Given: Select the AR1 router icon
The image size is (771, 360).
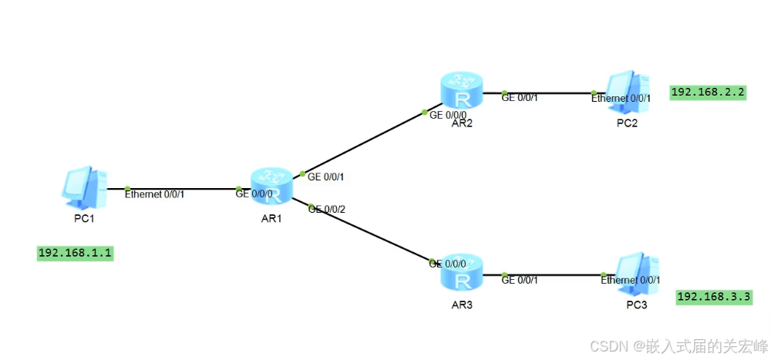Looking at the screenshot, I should [x=271, y=187].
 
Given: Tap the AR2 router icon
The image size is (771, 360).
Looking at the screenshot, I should [x=462, y=90].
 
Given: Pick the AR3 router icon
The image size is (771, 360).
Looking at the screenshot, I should [x=462, y=272].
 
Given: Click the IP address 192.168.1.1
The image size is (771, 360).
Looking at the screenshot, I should [x=76, y=253].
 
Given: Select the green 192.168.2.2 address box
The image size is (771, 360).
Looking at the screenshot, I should [x=709, y=93].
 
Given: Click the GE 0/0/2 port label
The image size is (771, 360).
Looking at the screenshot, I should [x=326, y=209].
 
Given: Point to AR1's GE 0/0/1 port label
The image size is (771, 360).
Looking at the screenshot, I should [x=325, y=177].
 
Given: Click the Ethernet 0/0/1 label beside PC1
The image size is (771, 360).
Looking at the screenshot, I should [x=154, y=193].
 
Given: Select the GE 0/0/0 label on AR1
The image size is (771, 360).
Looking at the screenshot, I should [x=253, y=193].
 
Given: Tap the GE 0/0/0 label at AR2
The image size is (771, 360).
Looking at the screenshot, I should [x=448, y=115].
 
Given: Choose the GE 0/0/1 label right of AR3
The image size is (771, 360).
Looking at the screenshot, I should [x=520, y=280].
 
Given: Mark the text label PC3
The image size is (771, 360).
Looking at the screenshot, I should [x=637, y=306].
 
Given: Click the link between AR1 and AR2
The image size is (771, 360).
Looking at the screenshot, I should [x=362, y=143].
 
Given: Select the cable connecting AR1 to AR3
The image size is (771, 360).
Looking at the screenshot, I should [x=370, y=231].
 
